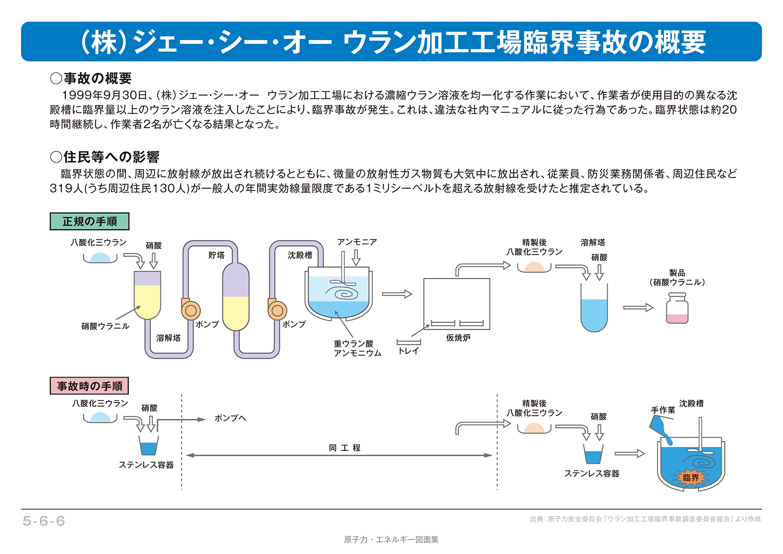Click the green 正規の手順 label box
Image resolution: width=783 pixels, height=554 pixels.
click(x=89, y=221)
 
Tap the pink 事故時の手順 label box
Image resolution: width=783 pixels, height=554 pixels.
click(x=89, y=386)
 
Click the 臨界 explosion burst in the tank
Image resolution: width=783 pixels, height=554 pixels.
click(x=691, y=478)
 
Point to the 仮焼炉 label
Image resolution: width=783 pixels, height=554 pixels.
click(x=458, y=338)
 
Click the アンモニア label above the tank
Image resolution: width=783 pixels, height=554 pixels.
click(x=357, y=242)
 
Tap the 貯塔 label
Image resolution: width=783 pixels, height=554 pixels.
click(x=217, y=255)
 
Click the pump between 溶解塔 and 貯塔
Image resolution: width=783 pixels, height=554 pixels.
click(x=191, y=310)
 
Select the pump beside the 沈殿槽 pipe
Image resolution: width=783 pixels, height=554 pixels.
click(x=277, y=310)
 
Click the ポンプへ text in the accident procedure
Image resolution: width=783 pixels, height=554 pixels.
click(x=230, y=418)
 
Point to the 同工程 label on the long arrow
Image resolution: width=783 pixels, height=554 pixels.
click(x=344, y=448)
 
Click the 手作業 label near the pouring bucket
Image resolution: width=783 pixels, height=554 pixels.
click(x=663, y=410)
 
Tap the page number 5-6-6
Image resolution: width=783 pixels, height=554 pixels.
click(x=44, y=521)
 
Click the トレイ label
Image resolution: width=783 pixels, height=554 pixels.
click(x=408, y=351)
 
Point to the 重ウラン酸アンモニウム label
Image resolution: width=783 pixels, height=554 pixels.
click(x=357, y=348)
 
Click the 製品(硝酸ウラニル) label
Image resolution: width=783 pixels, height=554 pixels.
click(x=677, y=277)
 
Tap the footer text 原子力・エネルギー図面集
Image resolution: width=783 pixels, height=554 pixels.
click(x=391, y=540)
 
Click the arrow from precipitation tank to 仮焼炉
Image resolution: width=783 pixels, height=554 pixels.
click(x=397, y=294)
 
